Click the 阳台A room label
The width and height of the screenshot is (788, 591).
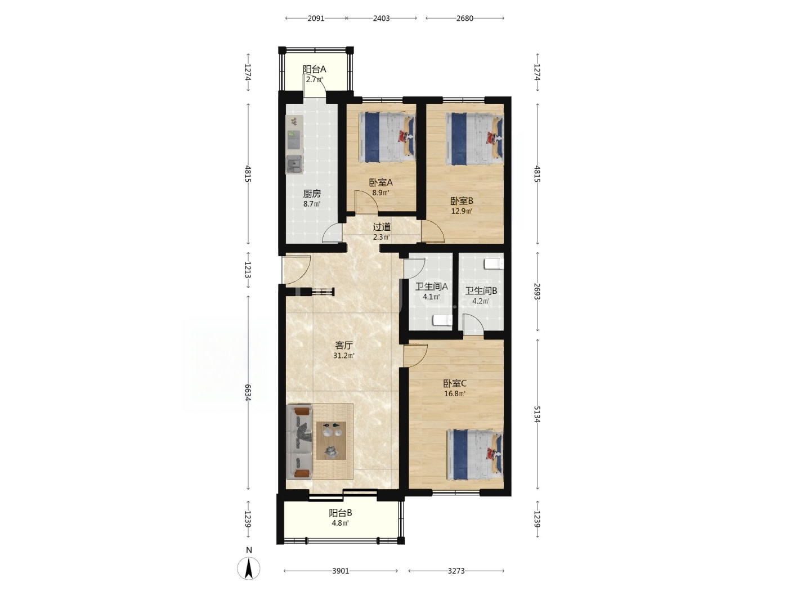314,69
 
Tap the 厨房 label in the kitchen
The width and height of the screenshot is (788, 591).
311,194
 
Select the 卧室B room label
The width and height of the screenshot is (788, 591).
462,201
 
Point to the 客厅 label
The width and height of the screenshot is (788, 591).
343,346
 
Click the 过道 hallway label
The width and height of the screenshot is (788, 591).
381,227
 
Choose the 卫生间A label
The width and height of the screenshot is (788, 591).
431,286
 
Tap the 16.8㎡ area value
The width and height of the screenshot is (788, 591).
454,393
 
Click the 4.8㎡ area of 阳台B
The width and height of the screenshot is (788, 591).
340,523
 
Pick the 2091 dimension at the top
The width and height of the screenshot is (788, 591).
316,19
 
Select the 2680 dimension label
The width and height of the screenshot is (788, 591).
464,19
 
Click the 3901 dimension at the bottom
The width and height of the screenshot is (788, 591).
340,571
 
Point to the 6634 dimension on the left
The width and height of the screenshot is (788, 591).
248,392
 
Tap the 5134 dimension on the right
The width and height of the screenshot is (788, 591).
537,414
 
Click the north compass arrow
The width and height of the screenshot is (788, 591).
248,568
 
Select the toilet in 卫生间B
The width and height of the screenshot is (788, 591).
494,264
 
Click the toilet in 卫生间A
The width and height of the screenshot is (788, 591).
442,320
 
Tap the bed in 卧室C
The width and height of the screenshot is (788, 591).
475,455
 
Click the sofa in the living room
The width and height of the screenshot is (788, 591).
301,442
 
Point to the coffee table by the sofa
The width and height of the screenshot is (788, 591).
331,440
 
